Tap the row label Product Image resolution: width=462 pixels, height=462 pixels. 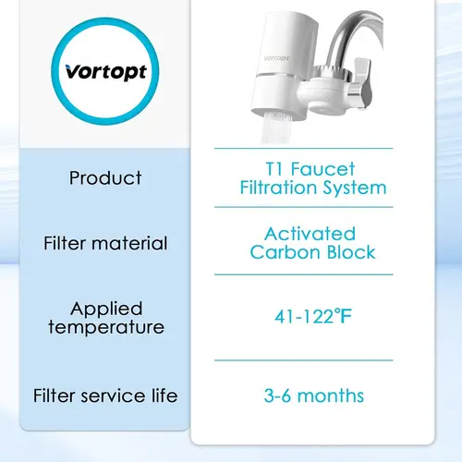[105, 177]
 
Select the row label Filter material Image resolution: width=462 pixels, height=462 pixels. [105, 244]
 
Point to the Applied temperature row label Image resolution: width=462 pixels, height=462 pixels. [105, 317]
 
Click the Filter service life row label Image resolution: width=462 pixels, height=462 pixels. [105, 396]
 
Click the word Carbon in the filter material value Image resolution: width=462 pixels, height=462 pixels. [285, 252]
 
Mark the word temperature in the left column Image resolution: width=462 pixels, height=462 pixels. [105, 327]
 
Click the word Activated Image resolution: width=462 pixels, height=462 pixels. [309, 234]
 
